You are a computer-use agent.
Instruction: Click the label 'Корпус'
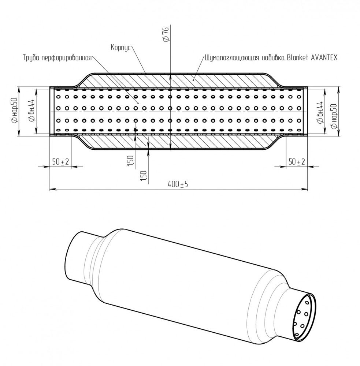pos(120,48)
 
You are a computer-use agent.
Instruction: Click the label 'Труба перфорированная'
pos(57,57)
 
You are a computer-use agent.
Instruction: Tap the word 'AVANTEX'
pos(324,57)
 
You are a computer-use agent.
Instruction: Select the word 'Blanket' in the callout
pos(297,57)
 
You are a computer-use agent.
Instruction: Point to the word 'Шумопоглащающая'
pos(232,58)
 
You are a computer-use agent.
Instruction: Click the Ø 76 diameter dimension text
pos(166,34)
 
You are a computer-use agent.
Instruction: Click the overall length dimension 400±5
pos(178,184)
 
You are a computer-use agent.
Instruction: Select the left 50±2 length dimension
pos(60,161)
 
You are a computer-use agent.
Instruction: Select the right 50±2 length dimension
pos(297,161)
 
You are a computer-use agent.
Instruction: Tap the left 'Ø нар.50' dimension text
pos(15,111)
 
